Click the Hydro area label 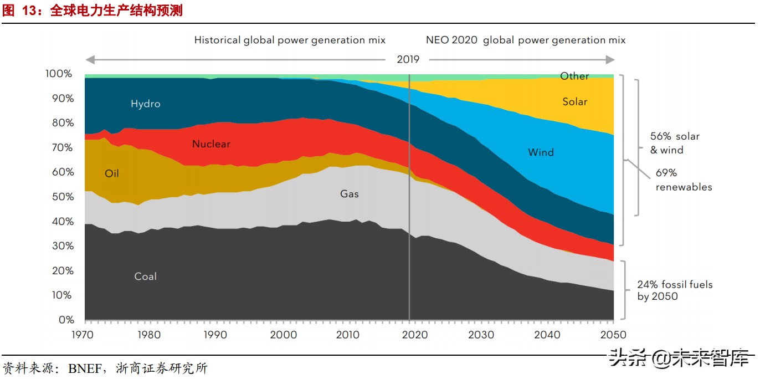coord(146,104)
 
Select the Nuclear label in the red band coord(211,144)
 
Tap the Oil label coord(112,173)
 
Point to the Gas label coord(350,194)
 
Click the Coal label coord(146,276)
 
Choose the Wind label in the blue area coord(541,152)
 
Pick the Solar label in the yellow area coord(574,101)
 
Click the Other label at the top coord(574,76)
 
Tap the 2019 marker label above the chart coord(408,59)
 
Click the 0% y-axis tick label coord(66,320)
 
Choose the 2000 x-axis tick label coord(284,335)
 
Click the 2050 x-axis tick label coord(613,335)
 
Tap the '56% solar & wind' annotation coord(674,143)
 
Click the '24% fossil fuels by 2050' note coord(674,290)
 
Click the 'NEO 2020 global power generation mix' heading coord(525,40)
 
